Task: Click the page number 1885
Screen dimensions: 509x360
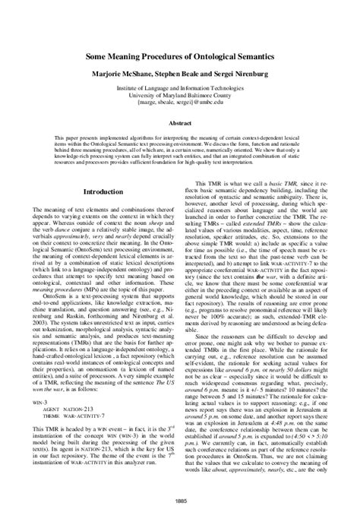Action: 180,500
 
